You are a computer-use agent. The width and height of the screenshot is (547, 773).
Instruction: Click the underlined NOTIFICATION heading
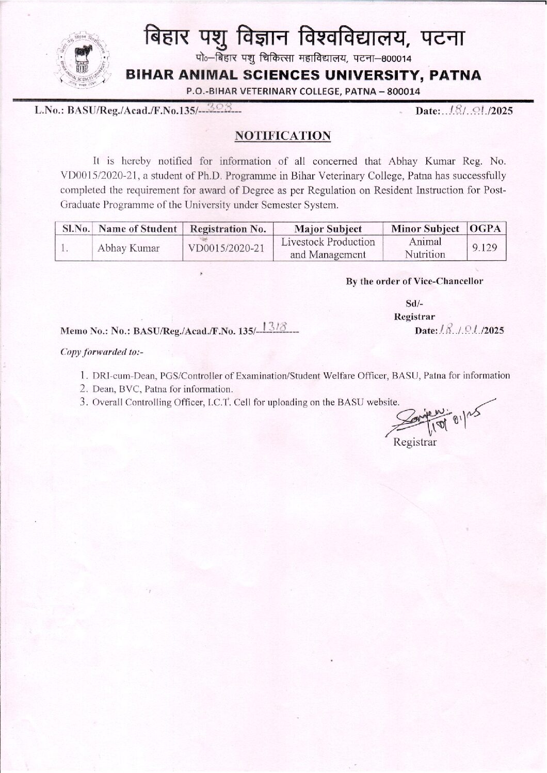click(x=282, y=136)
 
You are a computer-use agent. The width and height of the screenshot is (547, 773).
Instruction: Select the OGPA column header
click(x=486, y=228)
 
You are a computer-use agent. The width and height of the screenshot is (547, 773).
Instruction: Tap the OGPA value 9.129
click(x=485, y=248)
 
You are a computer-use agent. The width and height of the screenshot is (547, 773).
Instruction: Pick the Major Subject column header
click(x=328, y=229)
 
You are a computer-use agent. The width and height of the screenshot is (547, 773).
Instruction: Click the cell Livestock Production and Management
click(x=328, y=248)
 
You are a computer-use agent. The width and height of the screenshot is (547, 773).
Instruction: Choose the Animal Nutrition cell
click(x=425, y=248)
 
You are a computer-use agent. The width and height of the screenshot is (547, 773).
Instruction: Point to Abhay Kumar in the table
click(x=128, y=248)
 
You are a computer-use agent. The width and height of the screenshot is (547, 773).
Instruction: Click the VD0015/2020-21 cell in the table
click(x=227, y=248)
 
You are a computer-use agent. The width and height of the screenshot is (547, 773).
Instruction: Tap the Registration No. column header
click(x=228, y=229)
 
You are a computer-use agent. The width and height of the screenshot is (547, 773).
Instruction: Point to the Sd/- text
click(x=414, y=304)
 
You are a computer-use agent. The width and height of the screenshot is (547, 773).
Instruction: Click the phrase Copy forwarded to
click(x=102, y=352)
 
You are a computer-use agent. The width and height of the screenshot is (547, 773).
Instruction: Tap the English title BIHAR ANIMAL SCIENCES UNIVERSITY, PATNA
click(x=304, y=75)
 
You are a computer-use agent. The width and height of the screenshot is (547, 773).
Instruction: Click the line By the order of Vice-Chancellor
click(x=414, y=281)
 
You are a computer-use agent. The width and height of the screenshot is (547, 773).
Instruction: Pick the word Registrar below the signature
click(x=414, y=443)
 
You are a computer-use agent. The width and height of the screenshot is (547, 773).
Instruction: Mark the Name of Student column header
click(x=137, y=229)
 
